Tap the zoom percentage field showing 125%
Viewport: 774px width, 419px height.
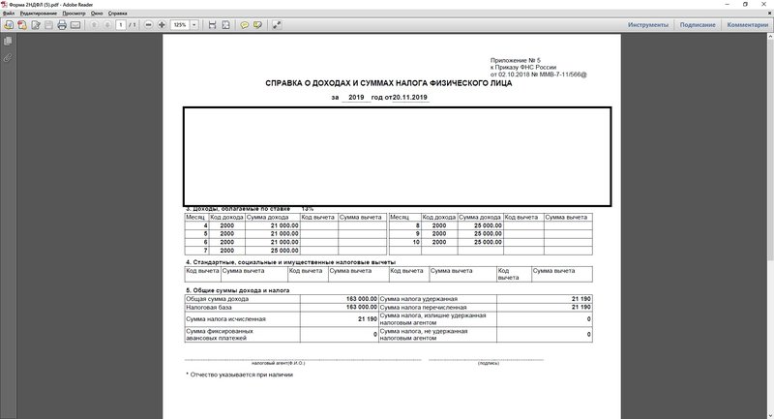pos(179,24)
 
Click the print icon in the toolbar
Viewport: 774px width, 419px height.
pos(62,24)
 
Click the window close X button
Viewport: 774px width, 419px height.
pos(763,5)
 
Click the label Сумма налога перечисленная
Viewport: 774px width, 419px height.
pos(419,308)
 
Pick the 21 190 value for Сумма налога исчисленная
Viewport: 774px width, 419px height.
pos(367,318)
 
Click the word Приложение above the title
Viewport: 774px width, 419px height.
pos(510,60)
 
